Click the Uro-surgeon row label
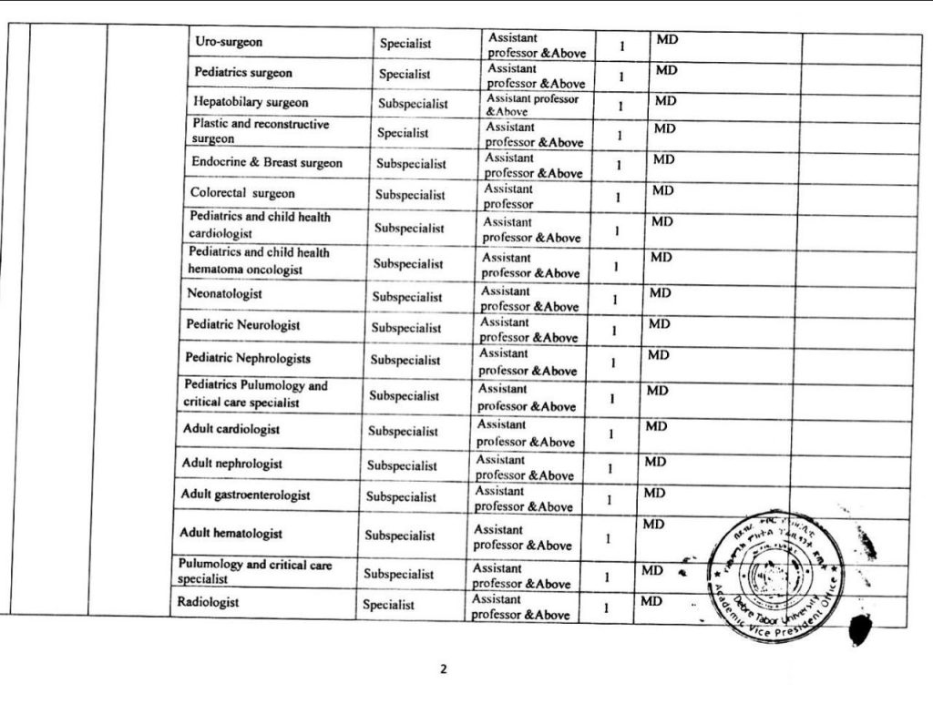coord(229,42)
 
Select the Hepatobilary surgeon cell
coord(251,102)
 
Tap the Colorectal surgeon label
coord(242,193)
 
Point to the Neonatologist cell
coord(224,293)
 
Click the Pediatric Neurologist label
coord(243,324)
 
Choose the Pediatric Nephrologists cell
coord(248,358)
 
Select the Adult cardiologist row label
coord(231,428)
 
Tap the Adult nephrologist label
coord(231,463)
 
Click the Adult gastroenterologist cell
coord(245,495)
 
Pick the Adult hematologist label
coord(231,533)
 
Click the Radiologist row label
coord(209,602)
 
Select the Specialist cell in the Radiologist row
coord(388,605)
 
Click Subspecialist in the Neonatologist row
coord(406,297)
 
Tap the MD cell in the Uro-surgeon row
coord(667,40)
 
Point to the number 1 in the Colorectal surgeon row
coord(618,197)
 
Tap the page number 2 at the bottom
coord(444,669)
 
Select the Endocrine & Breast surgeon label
coord(267,162)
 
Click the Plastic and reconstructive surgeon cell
coord(260,131)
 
